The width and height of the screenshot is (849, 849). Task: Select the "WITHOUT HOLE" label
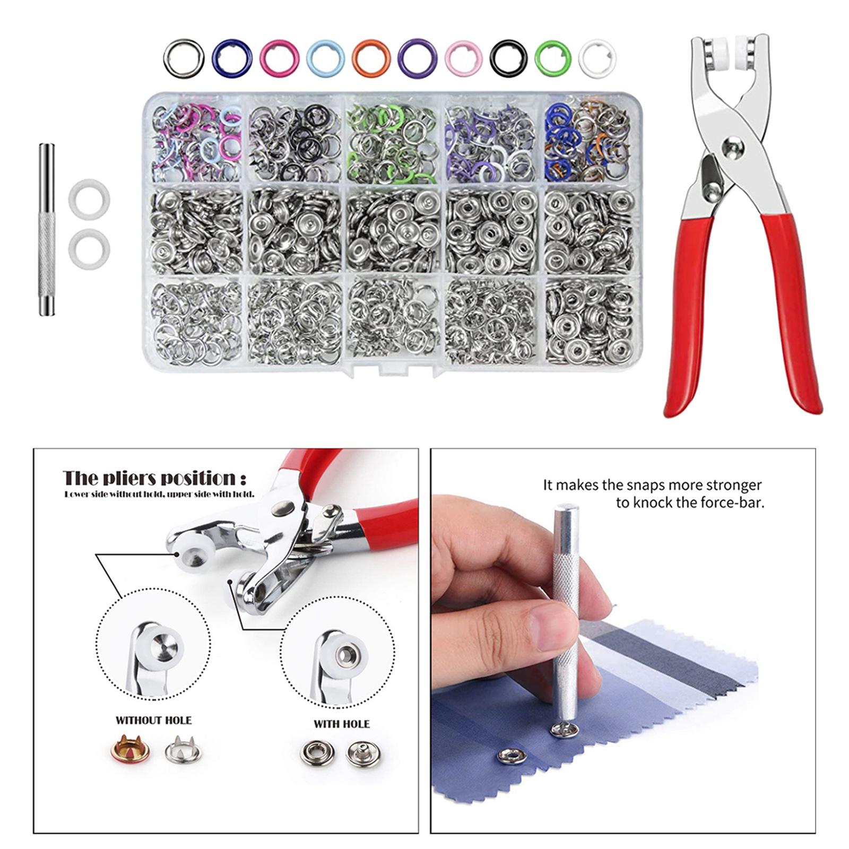153,720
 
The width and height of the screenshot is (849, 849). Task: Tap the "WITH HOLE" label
341,724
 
